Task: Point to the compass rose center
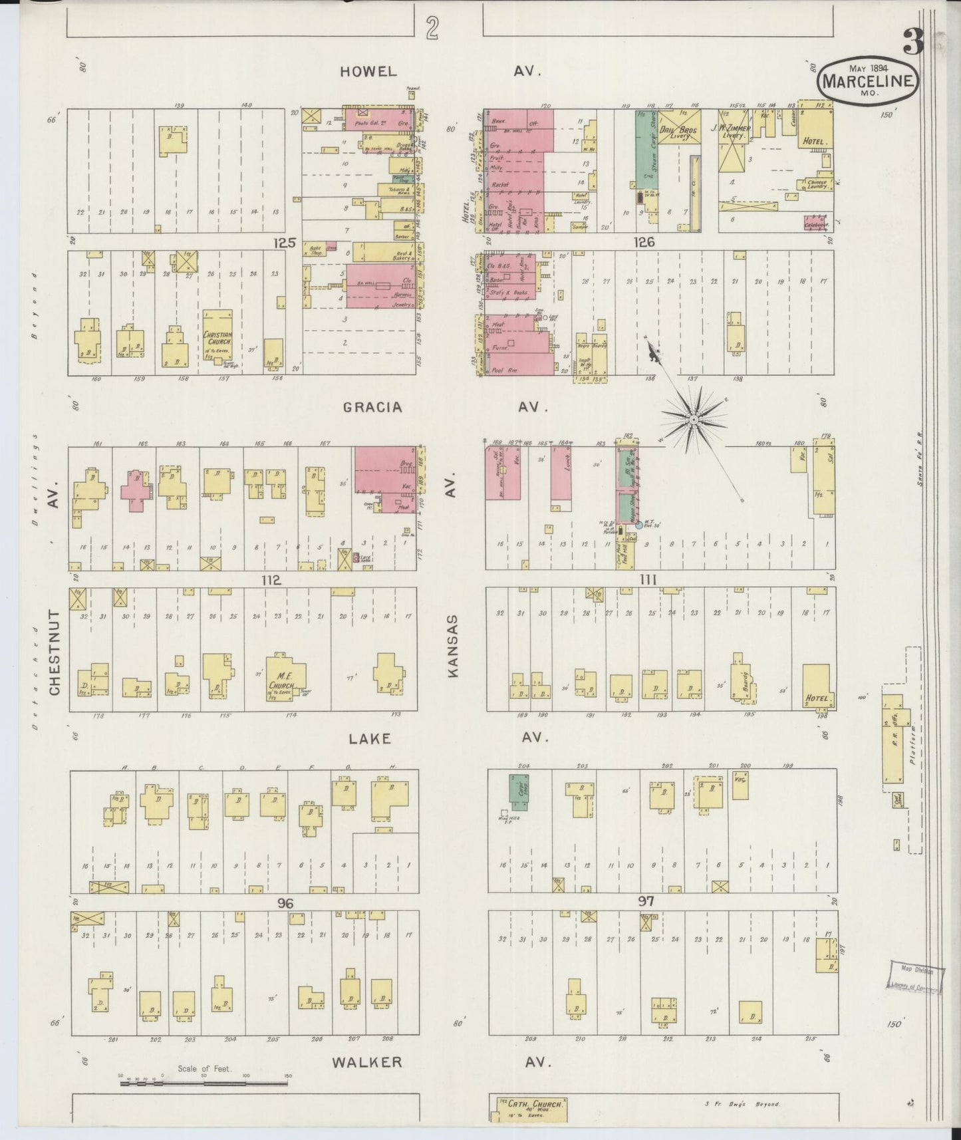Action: click(693, 420)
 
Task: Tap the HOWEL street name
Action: click(368, 71)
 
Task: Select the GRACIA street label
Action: click(372, 408)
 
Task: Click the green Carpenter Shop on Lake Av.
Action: click(519, 791)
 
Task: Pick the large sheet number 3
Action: click(914, 43)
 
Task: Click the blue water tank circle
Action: click(639, 525)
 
